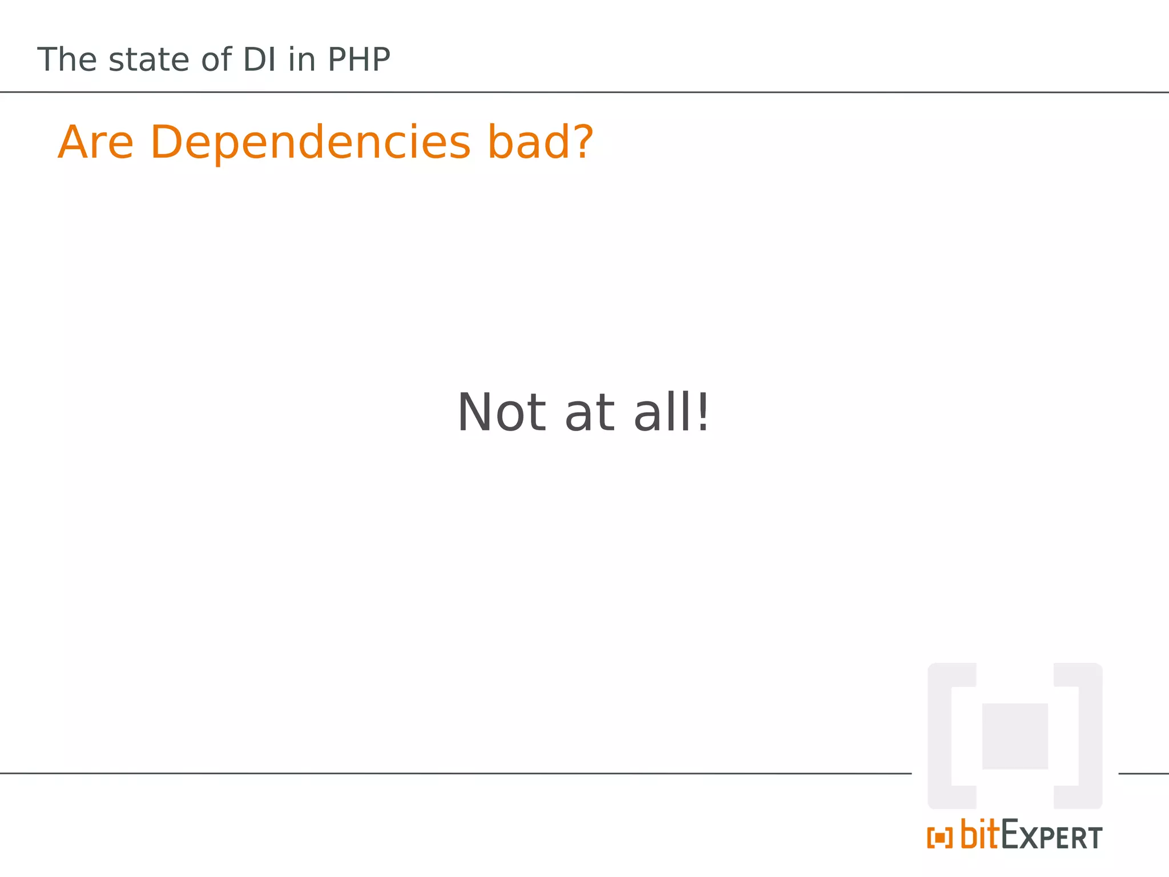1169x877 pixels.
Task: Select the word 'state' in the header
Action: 150,60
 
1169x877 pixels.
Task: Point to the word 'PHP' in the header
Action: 358,59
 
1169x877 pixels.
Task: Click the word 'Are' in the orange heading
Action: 95,142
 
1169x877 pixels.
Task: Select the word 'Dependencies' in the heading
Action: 311,143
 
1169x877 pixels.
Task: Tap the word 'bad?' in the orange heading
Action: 540,142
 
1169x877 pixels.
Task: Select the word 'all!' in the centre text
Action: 671,412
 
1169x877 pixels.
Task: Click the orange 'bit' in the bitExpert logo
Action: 979,835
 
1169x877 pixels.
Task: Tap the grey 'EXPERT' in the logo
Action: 1051,836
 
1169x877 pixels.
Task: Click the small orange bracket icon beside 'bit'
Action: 940,838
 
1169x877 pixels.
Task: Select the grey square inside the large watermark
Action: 1014,736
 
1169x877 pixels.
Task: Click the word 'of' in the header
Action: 216,59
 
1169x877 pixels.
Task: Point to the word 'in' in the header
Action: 301,59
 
